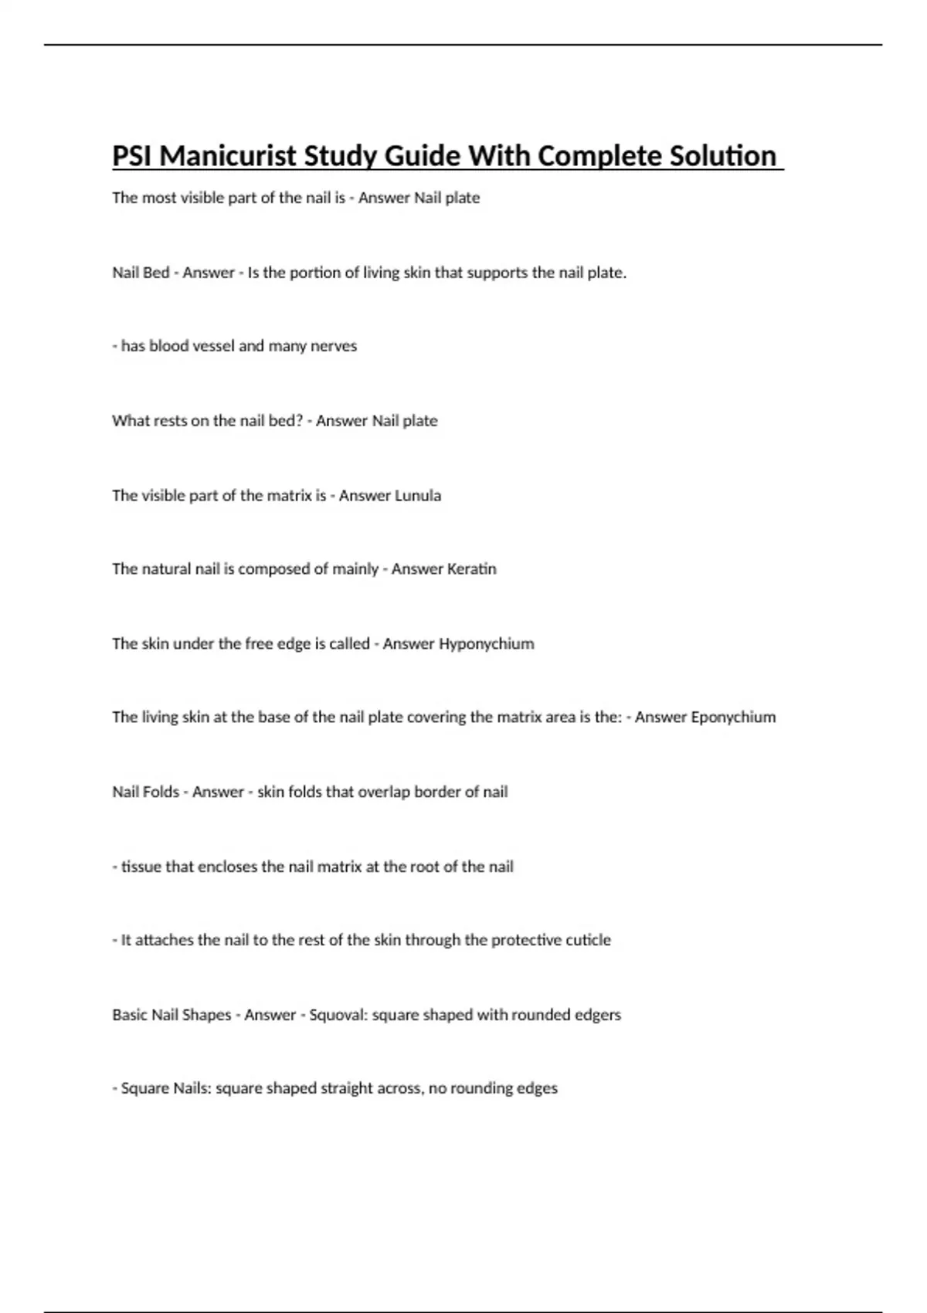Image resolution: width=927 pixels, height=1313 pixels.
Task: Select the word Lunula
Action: point(417,495)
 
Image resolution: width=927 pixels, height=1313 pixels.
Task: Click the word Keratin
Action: point(471,569)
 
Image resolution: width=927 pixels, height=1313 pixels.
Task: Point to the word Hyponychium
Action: point(486,643)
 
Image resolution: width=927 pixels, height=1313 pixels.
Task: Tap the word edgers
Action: point(598,1014)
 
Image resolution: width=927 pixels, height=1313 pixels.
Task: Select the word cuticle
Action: point(589,940)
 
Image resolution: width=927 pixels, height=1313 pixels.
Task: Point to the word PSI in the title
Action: point(132,156)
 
